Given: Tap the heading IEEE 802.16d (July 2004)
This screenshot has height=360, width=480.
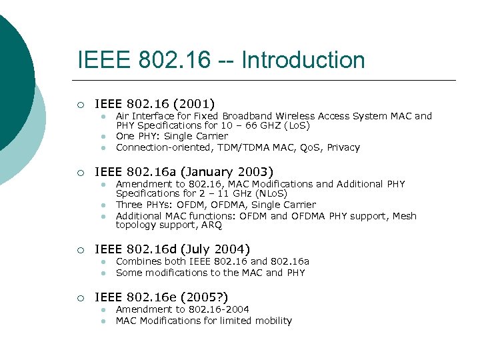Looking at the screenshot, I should [173, 249].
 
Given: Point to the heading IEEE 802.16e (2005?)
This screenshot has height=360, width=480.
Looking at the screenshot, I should [161, 297].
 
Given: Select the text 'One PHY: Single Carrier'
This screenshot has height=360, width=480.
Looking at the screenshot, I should [172, 136].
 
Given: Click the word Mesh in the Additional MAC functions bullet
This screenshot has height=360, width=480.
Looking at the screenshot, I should [404, 215].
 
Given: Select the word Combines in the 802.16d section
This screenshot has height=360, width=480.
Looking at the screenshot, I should [137, 261].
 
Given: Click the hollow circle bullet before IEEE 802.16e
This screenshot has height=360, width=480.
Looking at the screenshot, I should [79, 298].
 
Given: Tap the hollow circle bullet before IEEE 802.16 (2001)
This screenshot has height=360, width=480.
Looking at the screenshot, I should [79, 104].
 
